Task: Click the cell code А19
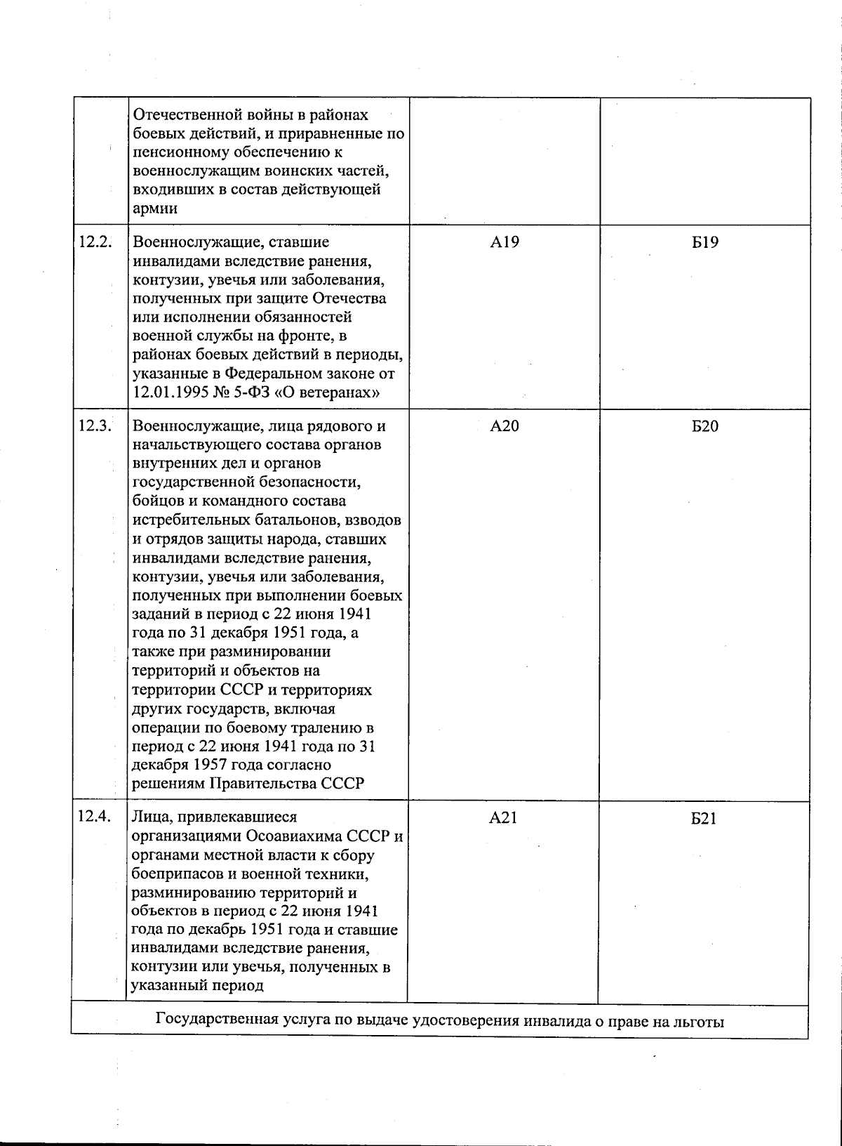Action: pos(504,243)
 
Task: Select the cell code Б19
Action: pos(704,243)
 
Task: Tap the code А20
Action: pos(504,426)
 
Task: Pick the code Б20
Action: pos(704,426)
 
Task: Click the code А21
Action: pos(504,818)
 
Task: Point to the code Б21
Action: pos(704,818)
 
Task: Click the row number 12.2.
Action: pos(95,242)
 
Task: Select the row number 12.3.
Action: pos(95,426)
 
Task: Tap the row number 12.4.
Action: pos(95,817)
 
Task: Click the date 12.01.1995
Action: pos(169,393)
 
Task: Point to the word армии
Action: pos(154,209)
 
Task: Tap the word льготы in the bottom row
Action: pos(700,1021)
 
